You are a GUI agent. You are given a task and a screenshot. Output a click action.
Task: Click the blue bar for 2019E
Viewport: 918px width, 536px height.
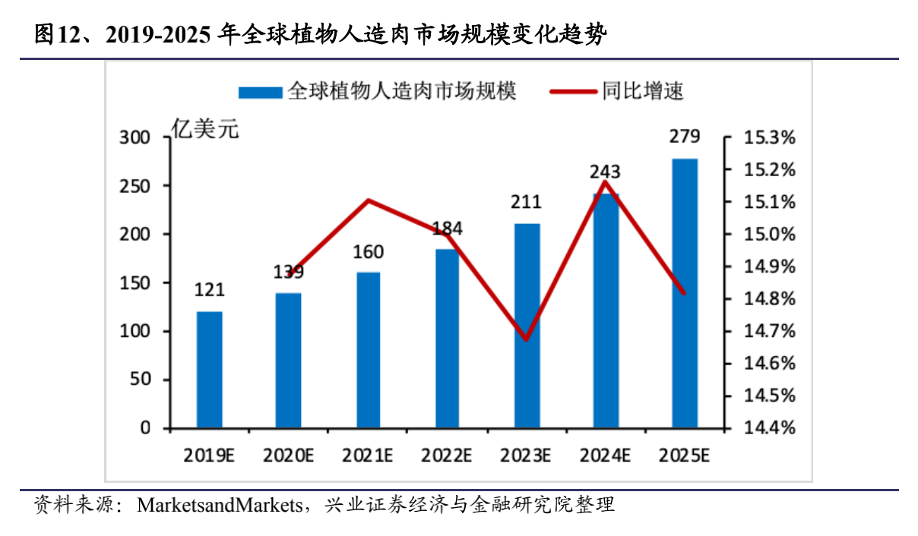coord(210,370)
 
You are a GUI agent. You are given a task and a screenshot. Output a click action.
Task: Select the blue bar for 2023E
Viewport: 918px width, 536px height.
coord(527,326)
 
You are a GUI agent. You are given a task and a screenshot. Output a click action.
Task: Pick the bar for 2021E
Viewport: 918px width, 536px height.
coord(369,350)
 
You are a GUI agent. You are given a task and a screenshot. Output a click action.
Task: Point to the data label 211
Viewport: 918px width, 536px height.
coord(527,202)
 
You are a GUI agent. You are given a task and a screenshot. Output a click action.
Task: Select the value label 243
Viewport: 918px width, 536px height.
coord(606,171)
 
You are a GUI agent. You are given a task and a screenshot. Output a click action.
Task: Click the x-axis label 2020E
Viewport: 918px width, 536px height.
coord(289,456)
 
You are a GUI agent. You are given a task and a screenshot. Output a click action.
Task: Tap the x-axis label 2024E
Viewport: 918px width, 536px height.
coord(606,456)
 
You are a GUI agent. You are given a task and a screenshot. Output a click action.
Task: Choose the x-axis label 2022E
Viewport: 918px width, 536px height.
coord(448,456)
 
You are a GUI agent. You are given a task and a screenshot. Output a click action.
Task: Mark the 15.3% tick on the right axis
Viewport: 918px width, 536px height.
coord(770,138)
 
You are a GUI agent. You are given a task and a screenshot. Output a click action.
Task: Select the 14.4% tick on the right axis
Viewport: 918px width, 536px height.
coord(770,428)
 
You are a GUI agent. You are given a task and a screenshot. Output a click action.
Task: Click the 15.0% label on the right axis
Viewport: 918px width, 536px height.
coord(770,235)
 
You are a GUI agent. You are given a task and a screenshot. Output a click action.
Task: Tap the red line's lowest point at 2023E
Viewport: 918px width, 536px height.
coord(526,339)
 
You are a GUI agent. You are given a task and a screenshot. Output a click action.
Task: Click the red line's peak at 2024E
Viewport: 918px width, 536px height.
coord(606,181)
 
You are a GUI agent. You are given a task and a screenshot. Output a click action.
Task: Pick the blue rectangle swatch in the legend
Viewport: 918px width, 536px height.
coord(261,93)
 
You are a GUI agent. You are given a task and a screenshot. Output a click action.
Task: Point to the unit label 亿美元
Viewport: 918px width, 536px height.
coord(204,130)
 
